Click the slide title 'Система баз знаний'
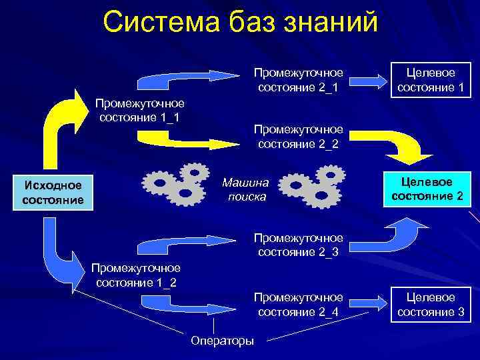pyautogui.click(x=240, y=21)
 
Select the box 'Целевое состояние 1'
pyautogui.click(x=430, y=79)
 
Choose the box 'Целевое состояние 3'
pyautogui.click(x=430, y=305)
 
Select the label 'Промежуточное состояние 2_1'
pyautogui.click(x=298, y=79)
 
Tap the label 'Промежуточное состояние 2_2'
pyautogui.click(x=299, y=136)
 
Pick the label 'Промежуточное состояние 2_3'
pyautogui.click(x=299, y=245)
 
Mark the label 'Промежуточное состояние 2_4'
pyautogui.click(x=299, y=305)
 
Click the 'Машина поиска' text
pyautogui.click(x=245, y=189)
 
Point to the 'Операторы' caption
pyautogui.click(x=222, y=341)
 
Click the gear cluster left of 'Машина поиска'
pyautogui.click(x=177, y=183)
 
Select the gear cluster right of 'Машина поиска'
pyautogui.click(x=311, y=185)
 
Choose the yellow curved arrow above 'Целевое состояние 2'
pyautogui.click(x=407, y=145)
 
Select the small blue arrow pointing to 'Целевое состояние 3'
pyautogui.click(x=369, y=303)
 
